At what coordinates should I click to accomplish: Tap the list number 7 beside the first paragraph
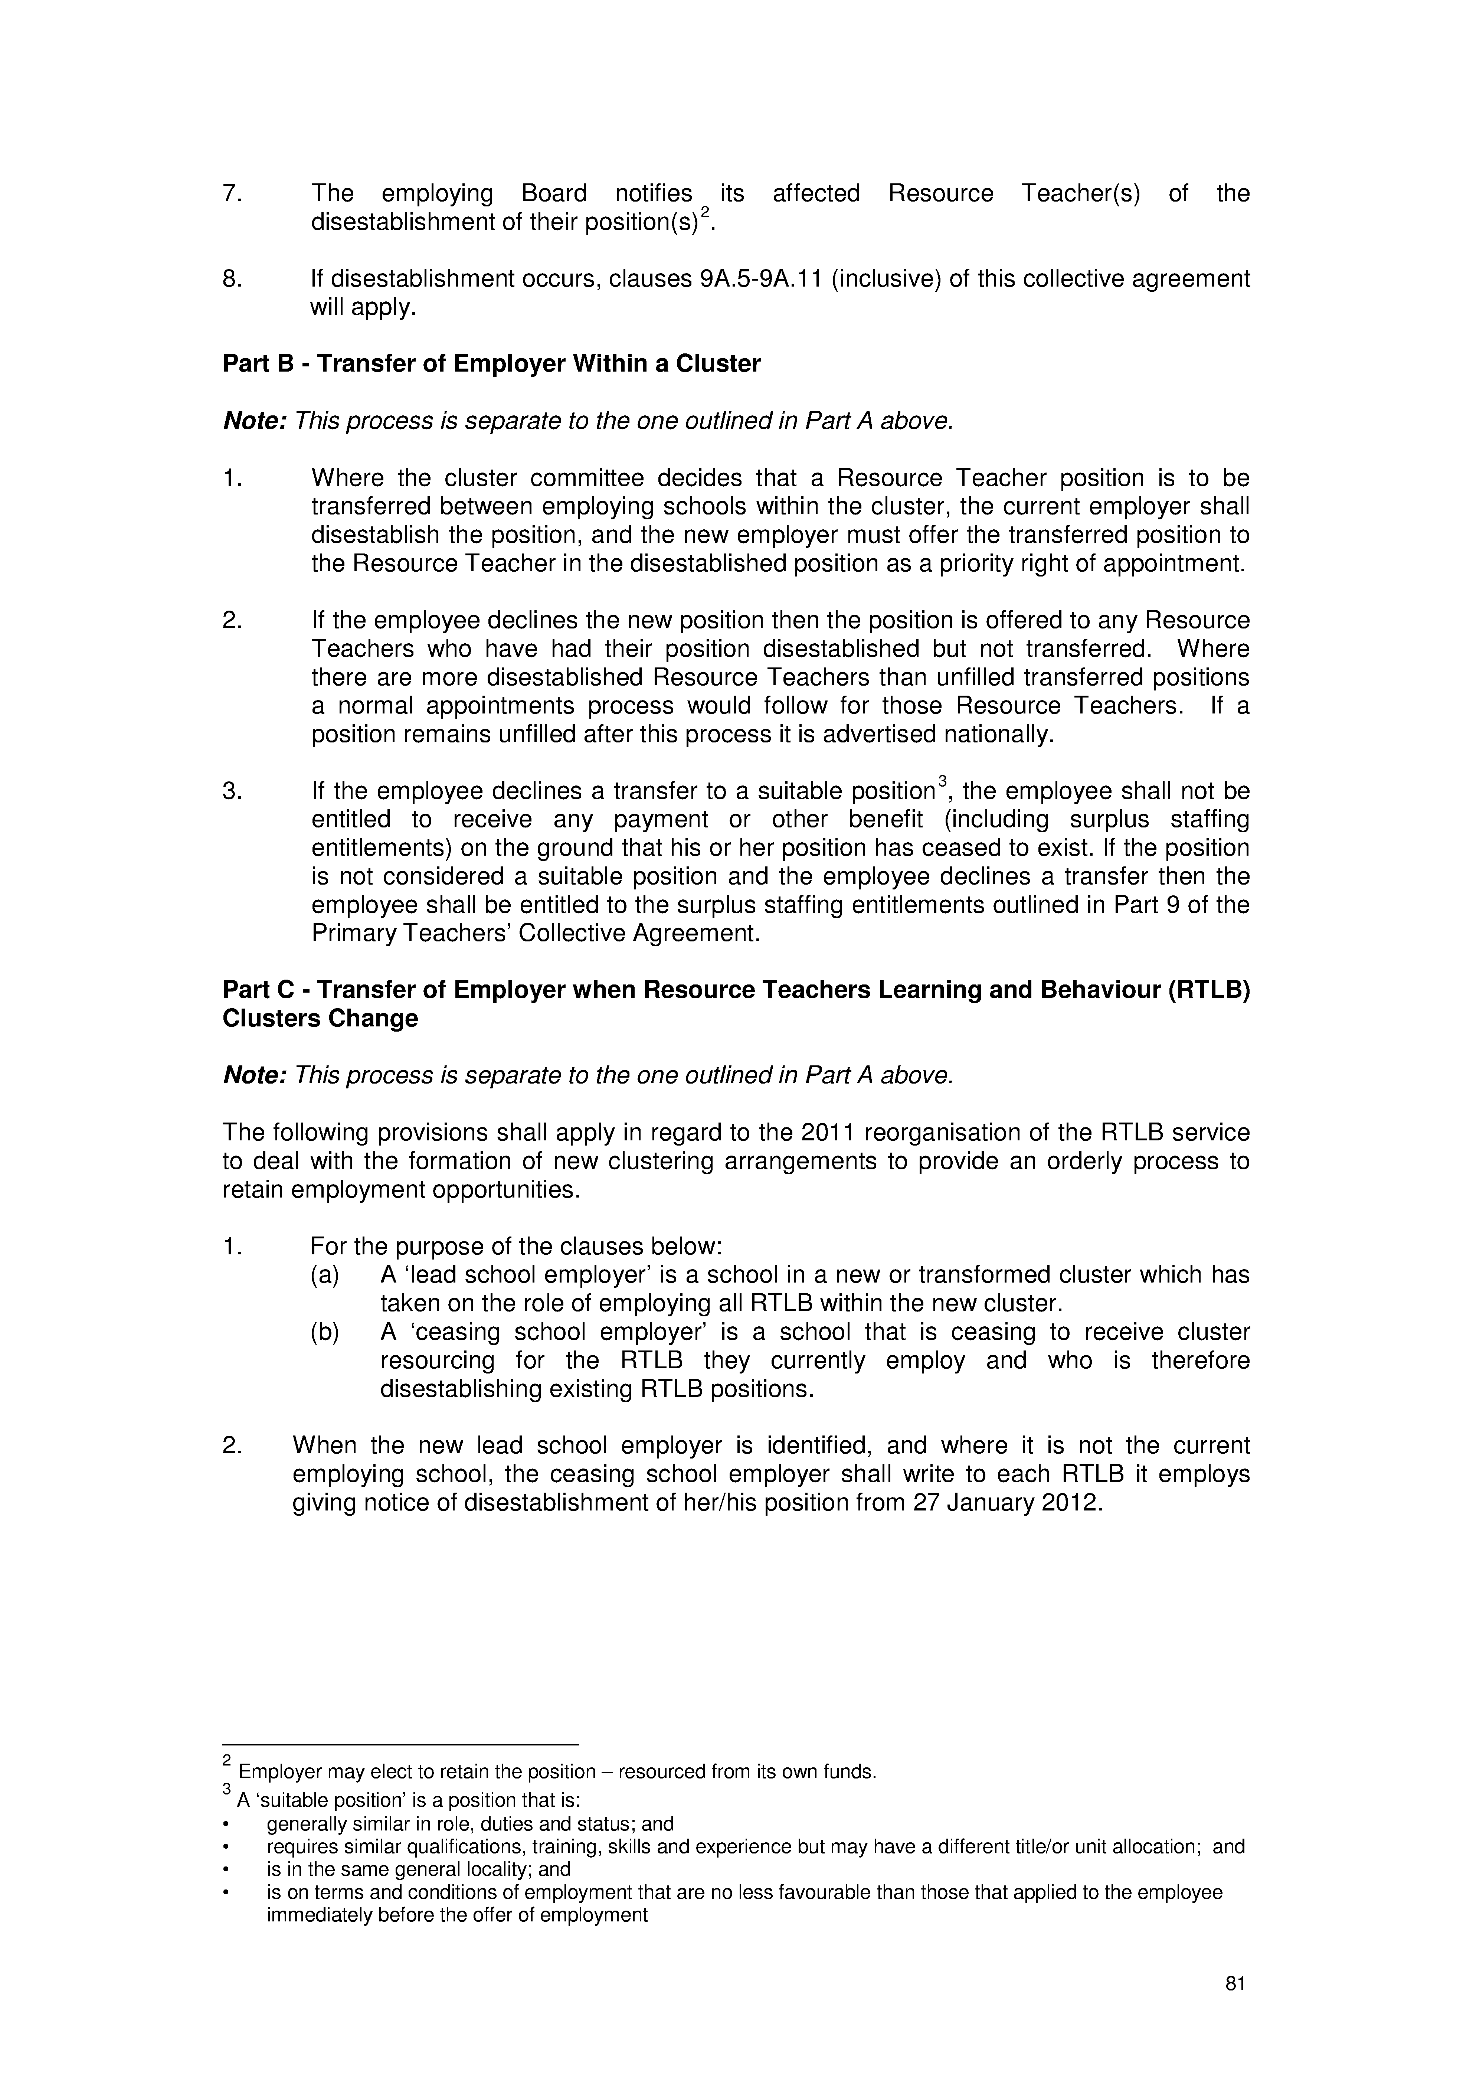coord(230,193)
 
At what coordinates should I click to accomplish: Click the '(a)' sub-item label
coord(325,1275)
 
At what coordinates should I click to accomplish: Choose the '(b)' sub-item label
coord(325,1332)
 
